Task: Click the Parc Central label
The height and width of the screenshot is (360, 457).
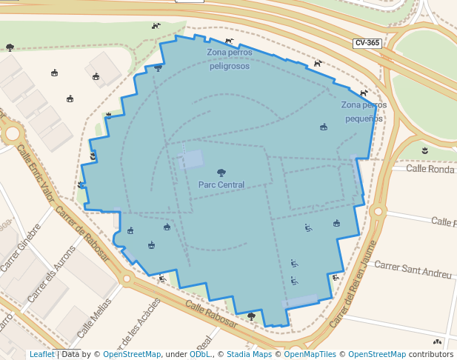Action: pos(221,184)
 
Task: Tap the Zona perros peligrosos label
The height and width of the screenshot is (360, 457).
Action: pos(229,59)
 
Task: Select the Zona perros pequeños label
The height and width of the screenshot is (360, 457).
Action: pos(364,111)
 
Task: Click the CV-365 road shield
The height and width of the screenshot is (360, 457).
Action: pos(367,43)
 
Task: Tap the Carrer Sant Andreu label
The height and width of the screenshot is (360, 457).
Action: pos(413,269)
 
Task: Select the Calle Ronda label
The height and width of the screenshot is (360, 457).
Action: pos(430,169)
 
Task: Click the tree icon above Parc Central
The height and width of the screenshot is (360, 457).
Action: pos(221,173)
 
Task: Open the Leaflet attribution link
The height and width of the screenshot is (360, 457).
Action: pos(41,355)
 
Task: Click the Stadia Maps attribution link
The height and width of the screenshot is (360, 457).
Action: pos(249,355)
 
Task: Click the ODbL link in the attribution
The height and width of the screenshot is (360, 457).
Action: pos(200,355)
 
